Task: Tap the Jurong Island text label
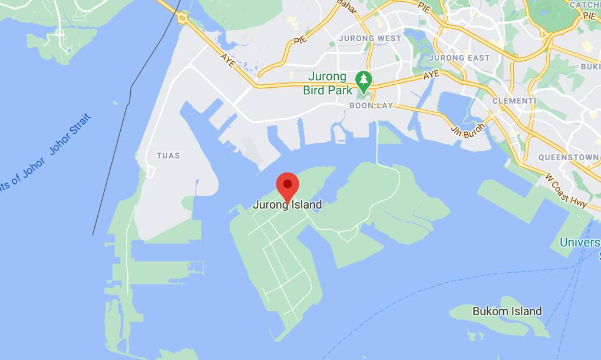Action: pos(288,205)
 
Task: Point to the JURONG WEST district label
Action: pos(370,38)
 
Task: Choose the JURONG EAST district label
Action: pos(459,58)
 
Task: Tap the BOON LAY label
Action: pos(371,106)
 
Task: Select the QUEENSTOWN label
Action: pos(569,157)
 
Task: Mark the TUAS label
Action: pos(168,156)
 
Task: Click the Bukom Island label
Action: pos(507,311)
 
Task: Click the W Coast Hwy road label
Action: pos(566,190)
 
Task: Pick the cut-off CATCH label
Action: pos(585,5)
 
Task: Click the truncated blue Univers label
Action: pos(580,243)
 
